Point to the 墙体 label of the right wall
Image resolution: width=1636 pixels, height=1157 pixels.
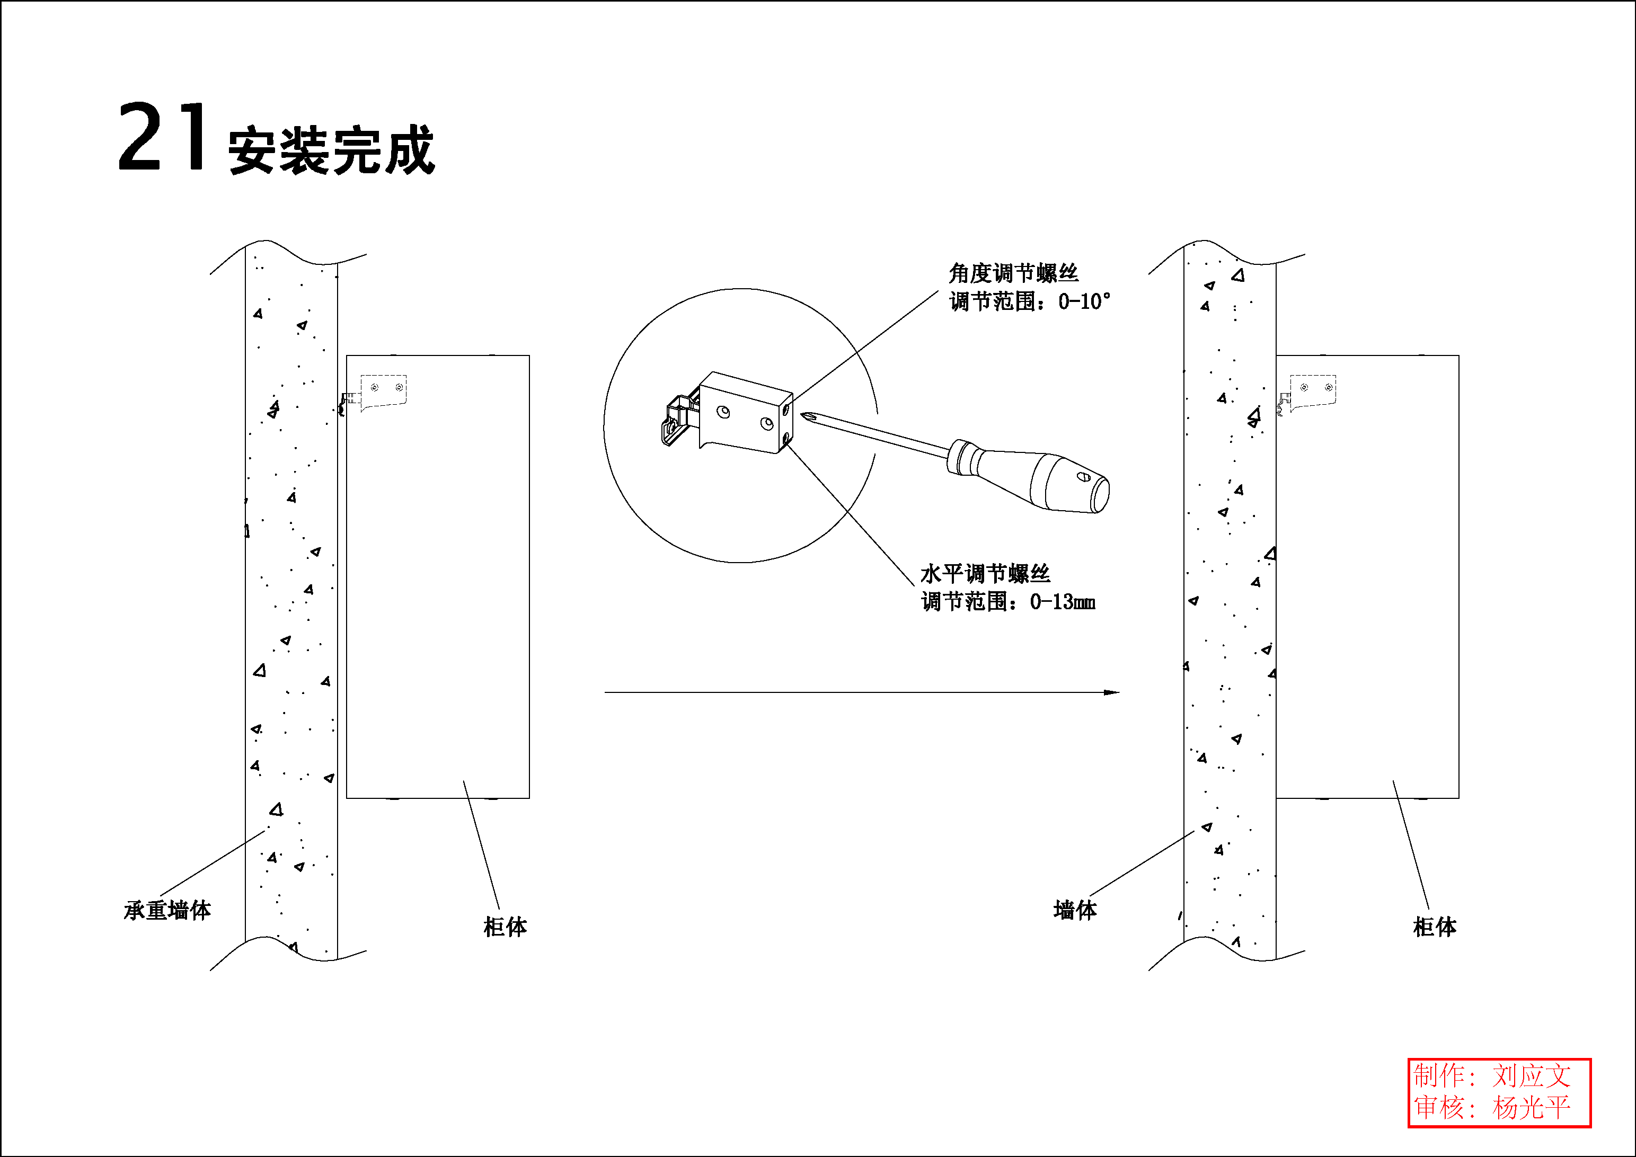point(1075,910)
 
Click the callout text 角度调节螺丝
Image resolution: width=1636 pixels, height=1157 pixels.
point(1013,273)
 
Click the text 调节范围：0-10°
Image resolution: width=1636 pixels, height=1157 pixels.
point(1030,301)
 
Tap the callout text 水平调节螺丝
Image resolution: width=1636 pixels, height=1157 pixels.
point(985,574)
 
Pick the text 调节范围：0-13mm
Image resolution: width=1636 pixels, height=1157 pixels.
point(1008,602)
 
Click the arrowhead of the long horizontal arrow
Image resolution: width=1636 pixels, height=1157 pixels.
point(1111,692)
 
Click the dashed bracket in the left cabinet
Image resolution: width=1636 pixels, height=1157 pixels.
point(383,390)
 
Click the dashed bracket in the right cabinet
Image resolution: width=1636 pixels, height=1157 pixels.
point(1313,390)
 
